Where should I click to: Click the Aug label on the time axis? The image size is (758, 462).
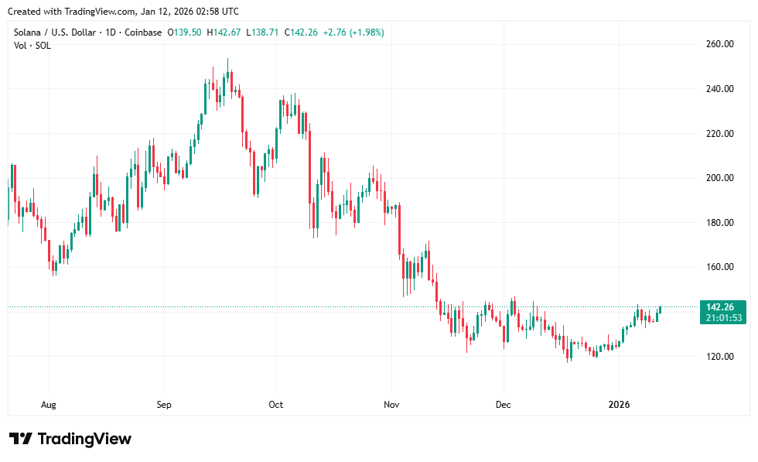(49, 405)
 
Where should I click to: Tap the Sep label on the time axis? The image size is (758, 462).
(163, 405)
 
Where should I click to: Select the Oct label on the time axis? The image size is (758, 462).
(276, 405)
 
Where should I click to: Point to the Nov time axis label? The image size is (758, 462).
(391, 405)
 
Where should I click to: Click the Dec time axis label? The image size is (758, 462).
(503, 405)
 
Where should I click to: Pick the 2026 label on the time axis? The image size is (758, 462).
(619, 405)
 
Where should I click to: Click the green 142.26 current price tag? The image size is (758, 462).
(721, 306)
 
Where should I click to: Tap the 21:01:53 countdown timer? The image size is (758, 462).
(721, 317)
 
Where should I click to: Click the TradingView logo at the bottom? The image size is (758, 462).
(70, 439)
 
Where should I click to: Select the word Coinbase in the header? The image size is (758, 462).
(143, 33)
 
